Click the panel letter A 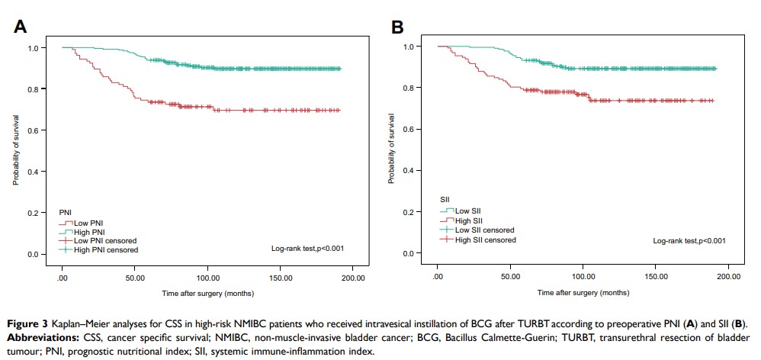tap(21, 27)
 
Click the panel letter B tap(398, 27)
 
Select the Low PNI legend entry tap(88, 223)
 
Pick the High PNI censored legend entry tap(104, 249)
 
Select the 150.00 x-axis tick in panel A tap(281, 278)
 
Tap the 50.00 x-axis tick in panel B tap(511, 277)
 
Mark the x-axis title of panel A tap(207, 293)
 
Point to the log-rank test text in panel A tap(307, 248)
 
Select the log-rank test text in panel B tap(689, 241)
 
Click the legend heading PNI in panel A tap(67, 211)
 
